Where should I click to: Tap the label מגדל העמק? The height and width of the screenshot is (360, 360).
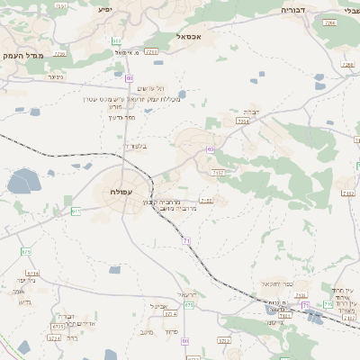[x=24, y=55]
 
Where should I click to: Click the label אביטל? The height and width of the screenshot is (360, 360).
[x=162, y=306]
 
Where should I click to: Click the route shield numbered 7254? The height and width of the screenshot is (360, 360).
[x=242, y=120]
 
